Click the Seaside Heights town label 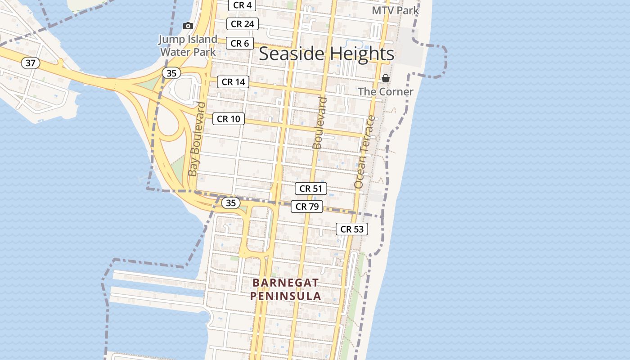pyautogui.click(x=327, y=54)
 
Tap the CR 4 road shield pyautogui.click(x=242, y=5)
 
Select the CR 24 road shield pyautogui.click(x=242, y=24)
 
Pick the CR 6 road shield pyautogui.click(x=240, y=43)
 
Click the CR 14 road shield pyautogui.click(x=233, y=82)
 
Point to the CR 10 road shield pyautogui.click(x=229, y=119)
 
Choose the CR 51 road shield pyautogui.click(x=311, y=189)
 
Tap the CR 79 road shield pyautogui.click(x=307, y=207)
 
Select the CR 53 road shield pyautogui.click(x=352, y=229)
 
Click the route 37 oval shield pyautogui.click(x=30, y=63)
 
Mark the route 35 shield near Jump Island pyautogui.click(x=171, y=73)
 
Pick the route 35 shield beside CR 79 pyautogui.click(x=230, y=203)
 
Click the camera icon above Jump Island pyautogui.click(x=188, y=26)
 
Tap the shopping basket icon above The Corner pyautogui.click(x=386, y=78)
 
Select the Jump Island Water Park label pyautogui.click(x=188, y=45)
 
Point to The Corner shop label pyautogui.click(x=385, y=92)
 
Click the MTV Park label pyautogui.click(x=395, y=10)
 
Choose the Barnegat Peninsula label pyautogui.click(x=286, y=289)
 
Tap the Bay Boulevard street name pyautogui.click(x=197, y=139)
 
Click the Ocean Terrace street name pyautogui.click(x=364, y=152)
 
